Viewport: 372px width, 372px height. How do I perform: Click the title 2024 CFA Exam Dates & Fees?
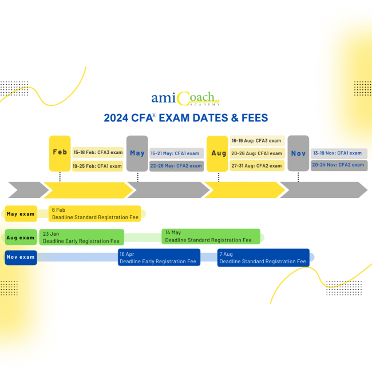click(x=185, y=118)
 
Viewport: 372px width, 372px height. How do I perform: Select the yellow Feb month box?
click(x=60, y=153)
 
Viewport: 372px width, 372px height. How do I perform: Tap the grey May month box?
click(x=137, y=153)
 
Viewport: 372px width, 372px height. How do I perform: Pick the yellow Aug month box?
click(x=217, y=153)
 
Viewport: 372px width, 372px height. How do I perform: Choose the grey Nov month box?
click(x=298, y=153)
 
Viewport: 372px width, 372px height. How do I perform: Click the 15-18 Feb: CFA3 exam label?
click(x=98, y=152)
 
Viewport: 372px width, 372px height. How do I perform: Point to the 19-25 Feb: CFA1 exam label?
click(x=98, y=166)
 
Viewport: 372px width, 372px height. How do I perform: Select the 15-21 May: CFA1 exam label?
click(x=176, y=153)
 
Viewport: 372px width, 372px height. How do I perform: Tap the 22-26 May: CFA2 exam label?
click(x=176, y=166)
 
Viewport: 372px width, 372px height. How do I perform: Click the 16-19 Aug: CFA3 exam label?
click(x=256, y=141)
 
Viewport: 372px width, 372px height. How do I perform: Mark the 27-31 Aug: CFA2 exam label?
click(x=256, y=165)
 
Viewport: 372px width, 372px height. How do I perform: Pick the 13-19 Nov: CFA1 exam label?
click(x=339, y=153)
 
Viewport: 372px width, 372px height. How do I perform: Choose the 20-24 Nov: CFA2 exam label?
click(x=339, y=165)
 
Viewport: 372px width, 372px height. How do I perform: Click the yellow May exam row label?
click(x=21, y=214)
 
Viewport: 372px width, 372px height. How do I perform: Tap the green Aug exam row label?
click(x=21, y=237)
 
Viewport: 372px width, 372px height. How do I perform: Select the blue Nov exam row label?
click(x=21, y=258)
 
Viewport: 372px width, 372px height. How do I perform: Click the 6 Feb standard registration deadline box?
click(x=94, y=213)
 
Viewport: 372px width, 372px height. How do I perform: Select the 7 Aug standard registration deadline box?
click(x=263, y=258)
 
